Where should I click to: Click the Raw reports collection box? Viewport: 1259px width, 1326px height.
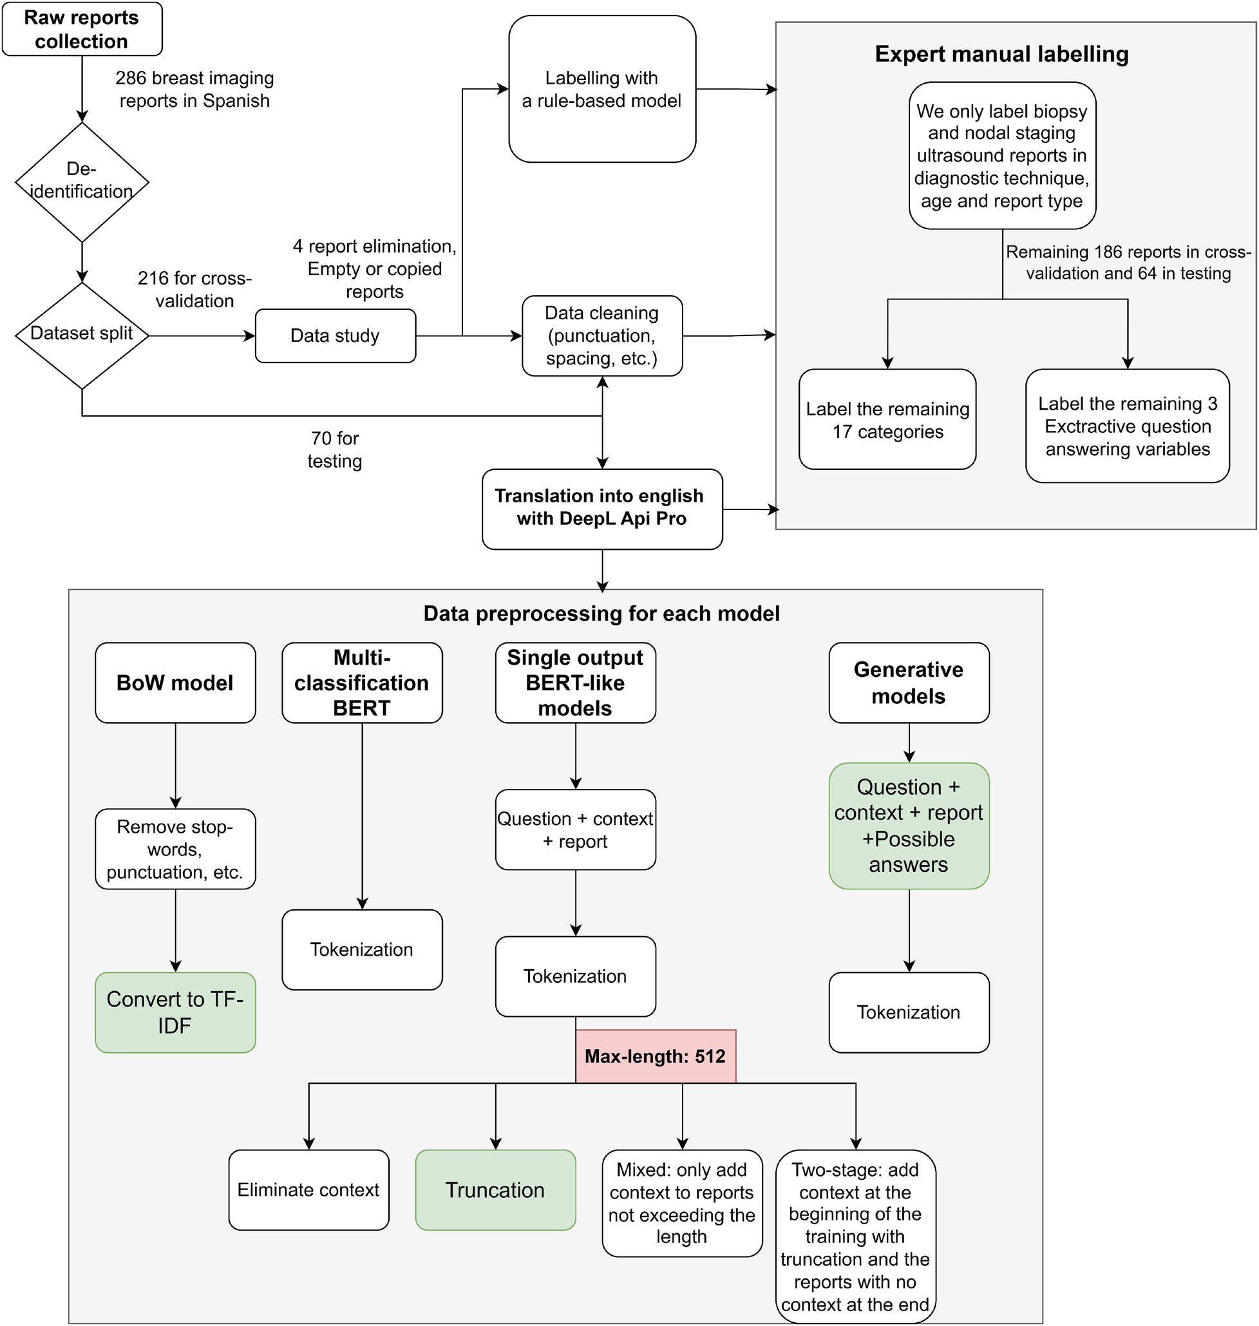pyautogui.click(x=82, y=29)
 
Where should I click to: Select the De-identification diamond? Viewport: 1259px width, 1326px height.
pyautogui.click(x=82, y=181)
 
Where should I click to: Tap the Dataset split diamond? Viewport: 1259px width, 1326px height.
pyautogui.click(x=82, y=334)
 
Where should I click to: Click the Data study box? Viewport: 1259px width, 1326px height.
pyautogui.click(x=335, y=336)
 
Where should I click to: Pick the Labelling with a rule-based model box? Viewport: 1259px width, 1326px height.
pyautogui.click(x=601, y=90)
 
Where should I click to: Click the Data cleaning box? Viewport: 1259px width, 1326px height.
pyautogui.click(x=601, y=336)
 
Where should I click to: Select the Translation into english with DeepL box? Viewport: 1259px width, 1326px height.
pyautogui.click(x=601, y=508)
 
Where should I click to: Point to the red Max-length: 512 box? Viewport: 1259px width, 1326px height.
pyautogui.click(x=655, y=1056)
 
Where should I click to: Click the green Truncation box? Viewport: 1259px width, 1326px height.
pyautogui.click(x=495, y=1189)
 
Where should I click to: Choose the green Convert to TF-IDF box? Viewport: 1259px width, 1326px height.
pyautogui.click(x=175, y=1011)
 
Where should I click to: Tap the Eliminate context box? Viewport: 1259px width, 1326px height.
pyautogui.click(x=308, y=1189)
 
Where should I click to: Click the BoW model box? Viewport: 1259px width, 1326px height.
pyautogui.click(x=175, y=683)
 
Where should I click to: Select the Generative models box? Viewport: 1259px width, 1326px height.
pyautogui.click(x=908, y=683)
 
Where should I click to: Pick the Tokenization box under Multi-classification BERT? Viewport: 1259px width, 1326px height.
pyautogui.click(x=362, y=949)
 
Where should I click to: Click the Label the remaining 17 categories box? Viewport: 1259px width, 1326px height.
pyautogui.click(x=887, y=419)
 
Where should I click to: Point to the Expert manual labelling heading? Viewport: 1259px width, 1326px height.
pyautogui.click(x=1001, y=54)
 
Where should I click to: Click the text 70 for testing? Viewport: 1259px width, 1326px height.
pyautogui.click(x=334, y=450)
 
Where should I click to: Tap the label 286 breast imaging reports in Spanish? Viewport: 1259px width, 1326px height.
pyautogui.click(x=194, y=90)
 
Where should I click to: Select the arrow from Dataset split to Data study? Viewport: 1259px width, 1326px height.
pyautogui.click(x=202, y=336)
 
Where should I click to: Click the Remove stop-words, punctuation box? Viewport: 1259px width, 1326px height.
pyautogui.click(x=175, y=848)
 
